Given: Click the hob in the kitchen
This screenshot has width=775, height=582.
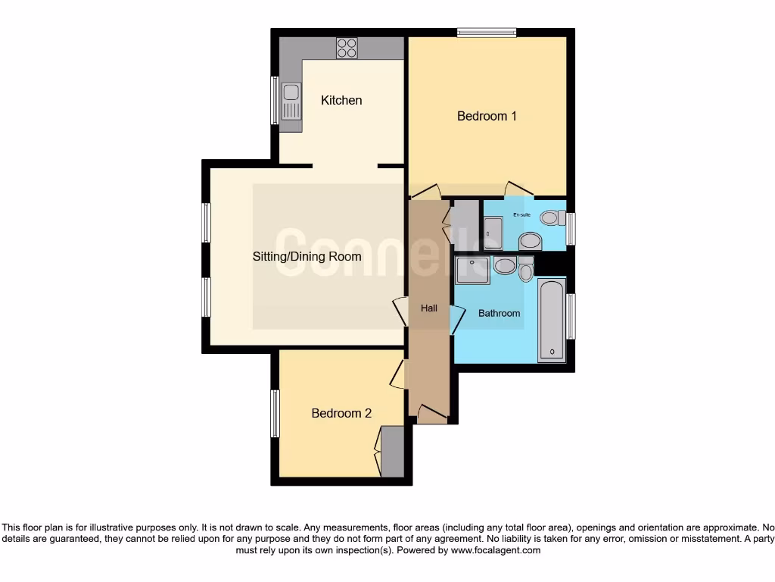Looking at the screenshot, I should [x=347, y=48].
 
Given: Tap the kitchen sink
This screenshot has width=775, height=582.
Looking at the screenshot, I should [x=291, y=102].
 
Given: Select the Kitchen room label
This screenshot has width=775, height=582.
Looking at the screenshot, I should [x=341, y=100].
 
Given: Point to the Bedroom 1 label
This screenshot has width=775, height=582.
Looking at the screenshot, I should [x=487, y=116].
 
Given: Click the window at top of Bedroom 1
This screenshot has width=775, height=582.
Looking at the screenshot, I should [x=487, y=32].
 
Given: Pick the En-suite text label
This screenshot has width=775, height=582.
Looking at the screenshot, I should [x=521, y=216].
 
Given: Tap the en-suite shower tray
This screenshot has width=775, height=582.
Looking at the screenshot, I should [x=493, y=233].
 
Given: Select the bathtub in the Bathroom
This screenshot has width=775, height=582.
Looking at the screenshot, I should [x=551, y=320].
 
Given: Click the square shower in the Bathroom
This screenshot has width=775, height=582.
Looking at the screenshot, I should [x=472, y=270].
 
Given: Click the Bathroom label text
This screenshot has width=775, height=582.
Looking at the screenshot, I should [x=499, y=313].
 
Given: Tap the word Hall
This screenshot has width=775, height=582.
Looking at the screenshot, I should [x=429, y=308].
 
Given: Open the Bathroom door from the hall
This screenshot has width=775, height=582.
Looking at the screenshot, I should [x=457, y=319].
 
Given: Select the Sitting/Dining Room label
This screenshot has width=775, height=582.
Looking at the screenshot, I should [x=307, y=257].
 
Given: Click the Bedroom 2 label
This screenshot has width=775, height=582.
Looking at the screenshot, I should [x=341, y=413].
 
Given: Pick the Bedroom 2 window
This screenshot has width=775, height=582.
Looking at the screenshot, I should [x=275, y=413].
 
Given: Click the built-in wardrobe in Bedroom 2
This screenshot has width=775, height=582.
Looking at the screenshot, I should [x=392, y=452].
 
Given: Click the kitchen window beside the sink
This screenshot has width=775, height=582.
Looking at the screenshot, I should [x=275, y=100].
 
